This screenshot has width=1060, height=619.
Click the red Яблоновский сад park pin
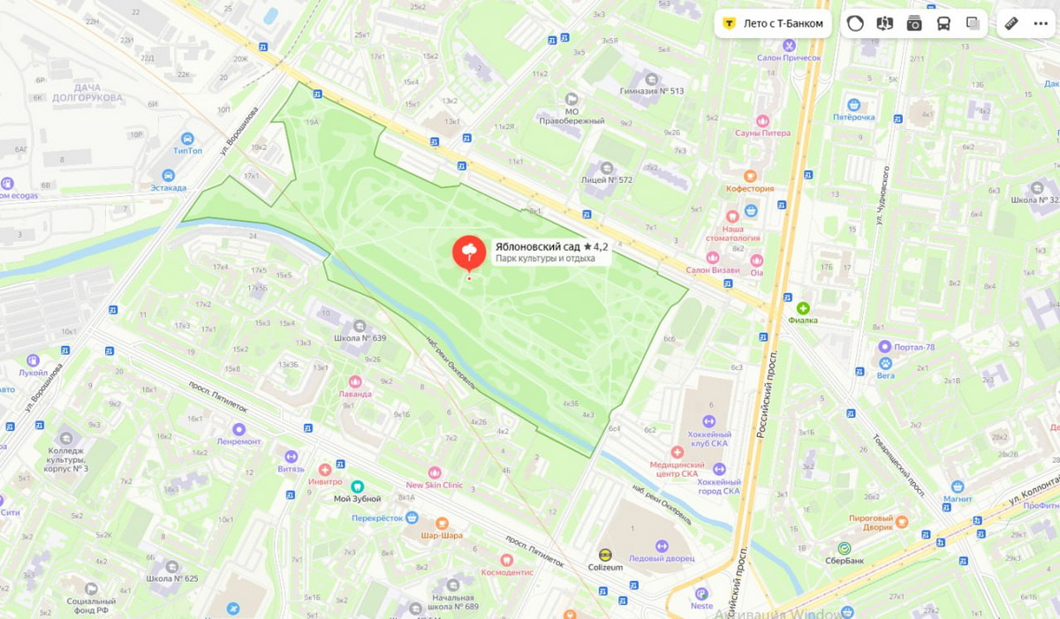tap(469, 253)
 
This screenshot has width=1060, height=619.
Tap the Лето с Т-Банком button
tap(775, 24)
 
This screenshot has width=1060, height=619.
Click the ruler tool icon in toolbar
tap(1011, 24)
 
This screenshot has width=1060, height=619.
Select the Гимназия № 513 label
tap(652, 91)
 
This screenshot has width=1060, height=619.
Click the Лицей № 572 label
tap(607, 179)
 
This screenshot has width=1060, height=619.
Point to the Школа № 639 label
tap(360, 337)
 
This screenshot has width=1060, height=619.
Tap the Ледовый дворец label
tap(661, 559)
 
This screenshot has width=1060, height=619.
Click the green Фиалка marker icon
tap(803, 308)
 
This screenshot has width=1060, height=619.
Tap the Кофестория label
tap(750, 188)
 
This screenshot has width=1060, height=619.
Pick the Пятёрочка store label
tap(854, 117)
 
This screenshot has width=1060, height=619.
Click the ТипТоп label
tap(187, 151)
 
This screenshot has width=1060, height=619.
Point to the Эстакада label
tap(168, 187)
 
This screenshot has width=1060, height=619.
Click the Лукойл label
tap(33, 373)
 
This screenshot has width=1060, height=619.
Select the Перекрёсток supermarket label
tap(377, 518)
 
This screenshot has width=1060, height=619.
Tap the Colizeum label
tap(605, 567)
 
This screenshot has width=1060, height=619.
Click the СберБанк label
tap(844, 559)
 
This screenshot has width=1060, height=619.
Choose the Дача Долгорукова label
tap(87, 93)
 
